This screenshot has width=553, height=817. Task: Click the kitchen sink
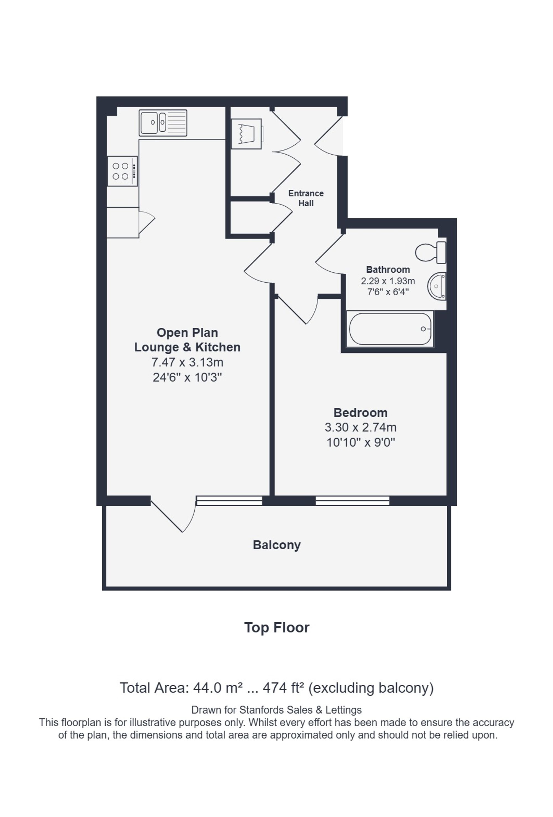tap(163, 123)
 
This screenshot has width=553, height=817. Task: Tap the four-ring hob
tap(122, 171)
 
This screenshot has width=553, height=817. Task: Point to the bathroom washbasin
tap(437, 286)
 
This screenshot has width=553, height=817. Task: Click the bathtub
tap(390, 329)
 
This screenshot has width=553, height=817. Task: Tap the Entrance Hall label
tap(306, 198)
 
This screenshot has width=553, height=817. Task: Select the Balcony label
tap(277, 545)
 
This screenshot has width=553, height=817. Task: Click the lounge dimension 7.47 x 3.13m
tap(187, 362)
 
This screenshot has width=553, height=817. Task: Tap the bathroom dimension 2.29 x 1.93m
tap(388, 281)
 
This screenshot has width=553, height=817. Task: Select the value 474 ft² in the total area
tap(283, 687)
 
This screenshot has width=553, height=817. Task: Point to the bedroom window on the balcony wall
tap(352, 500)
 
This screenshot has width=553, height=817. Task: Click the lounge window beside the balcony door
tap(229, 500)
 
